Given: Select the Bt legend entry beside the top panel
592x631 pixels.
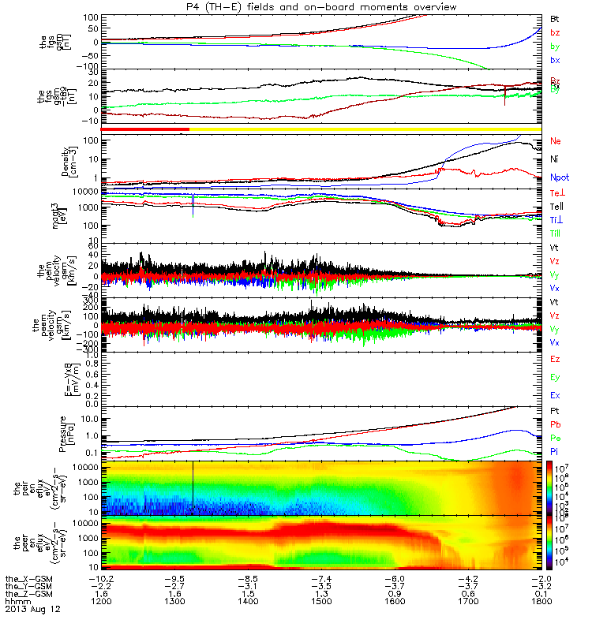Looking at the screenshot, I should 555,17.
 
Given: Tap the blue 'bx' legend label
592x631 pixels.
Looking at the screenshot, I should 555,60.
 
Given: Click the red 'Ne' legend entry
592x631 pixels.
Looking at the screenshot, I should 556,141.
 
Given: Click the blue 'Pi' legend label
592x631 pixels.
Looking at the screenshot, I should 555,452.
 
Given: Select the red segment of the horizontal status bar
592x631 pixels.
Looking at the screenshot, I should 145,129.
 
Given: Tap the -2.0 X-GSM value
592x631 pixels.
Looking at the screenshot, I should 541,577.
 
